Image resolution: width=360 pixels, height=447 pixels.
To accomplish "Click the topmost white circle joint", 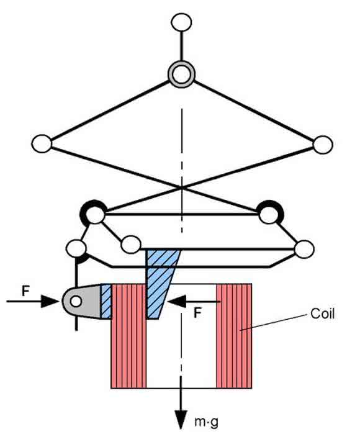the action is coord(181,22).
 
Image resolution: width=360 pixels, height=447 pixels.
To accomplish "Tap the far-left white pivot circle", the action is coord(42,143).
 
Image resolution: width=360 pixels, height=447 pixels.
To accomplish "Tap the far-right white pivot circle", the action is coord(323,145).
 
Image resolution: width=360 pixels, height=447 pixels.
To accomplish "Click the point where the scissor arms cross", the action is coord(182,187).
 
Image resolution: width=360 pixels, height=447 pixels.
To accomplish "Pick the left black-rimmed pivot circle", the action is coord(94,213).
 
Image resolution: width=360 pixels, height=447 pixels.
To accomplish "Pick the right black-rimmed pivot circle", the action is coord(269,213).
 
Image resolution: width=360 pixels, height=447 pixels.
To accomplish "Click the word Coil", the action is coord(322,314).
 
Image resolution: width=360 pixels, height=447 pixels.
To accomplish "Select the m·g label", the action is coord(206,422).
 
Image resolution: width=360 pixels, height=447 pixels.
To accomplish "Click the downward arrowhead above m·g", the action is coord(181,420).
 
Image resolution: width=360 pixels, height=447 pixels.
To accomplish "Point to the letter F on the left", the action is coord(25,291).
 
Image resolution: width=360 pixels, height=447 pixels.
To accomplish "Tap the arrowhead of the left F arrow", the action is coord(50,301).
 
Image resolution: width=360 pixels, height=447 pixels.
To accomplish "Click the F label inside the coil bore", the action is coord(197,313).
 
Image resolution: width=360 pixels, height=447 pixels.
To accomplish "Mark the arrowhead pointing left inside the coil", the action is coord(177,301).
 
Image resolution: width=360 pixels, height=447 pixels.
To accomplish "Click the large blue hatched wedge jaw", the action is coord(160,284).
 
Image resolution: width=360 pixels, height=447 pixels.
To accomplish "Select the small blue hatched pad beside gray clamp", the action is coord(106,301).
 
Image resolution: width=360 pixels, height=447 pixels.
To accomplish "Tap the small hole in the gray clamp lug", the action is coord(76,301).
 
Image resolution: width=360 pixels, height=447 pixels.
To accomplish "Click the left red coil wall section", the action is coord(128,336).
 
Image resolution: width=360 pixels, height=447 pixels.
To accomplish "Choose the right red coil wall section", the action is coord(234,336).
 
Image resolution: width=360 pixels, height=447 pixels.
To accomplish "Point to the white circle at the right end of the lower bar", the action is coord(304,249).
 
